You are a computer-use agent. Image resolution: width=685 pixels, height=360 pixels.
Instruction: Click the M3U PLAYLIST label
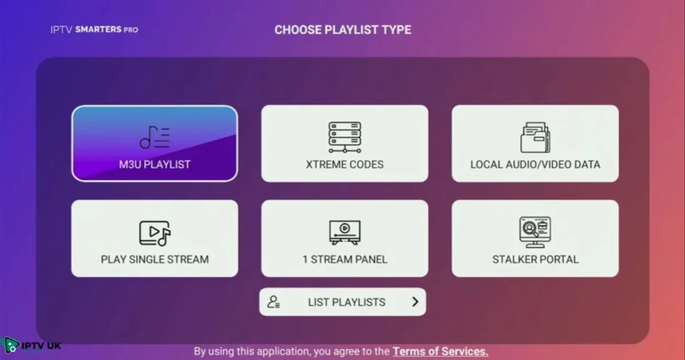point(155,164)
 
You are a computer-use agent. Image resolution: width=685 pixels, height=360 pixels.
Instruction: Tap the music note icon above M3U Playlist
point(155,137)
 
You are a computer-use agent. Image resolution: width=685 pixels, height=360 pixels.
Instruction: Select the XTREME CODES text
point(345,164)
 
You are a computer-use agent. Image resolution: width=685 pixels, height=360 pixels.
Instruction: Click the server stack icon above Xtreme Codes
point(345,137)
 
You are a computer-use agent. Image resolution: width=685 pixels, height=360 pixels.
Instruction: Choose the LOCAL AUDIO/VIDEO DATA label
point(535,164)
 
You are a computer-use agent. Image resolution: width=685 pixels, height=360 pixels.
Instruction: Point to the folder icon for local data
point(535,137)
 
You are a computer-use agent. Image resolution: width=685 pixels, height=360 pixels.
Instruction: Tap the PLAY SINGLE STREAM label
point(155,259)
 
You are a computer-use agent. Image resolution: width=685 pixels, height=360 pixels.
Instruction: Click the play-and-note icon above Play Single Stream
point(155,233)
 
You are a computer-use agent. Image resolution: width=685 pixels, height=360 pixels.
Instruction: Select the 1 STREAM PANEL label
point(345,259)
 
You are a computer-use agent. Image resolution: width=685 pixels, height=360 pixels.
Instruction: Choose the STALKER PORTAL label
point(535,259)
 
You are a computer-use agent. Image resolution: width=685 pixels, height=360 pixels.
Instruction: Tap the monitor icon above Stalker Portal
point(535,232)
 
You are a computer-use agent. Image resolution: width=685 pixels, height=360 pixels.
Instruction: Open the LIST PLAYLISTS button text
point(347,302)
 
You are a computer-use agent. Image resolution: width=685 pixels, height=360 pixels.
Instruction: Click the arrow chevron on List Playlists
point(415,302)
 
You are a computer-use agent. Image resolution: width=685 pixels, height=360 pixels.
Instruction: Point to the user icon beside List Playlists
point(273,302)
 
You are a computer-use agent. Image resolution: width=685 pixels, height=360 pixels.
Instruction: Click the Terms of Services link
point(440,351)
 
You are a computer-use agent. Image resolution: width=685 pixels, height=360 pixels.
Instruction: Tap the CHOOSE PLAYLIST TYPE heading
point(342,30)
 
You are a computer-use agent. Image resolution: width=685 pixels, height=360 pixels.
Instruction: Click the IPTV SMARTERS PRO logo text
point(94,29)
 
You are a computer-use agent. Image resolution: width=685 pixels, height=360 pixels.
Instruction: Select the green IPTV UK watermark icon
point(11,345)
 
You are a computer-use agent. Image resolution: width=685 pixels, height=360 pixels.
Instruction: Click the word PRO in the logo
point(130,29)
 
